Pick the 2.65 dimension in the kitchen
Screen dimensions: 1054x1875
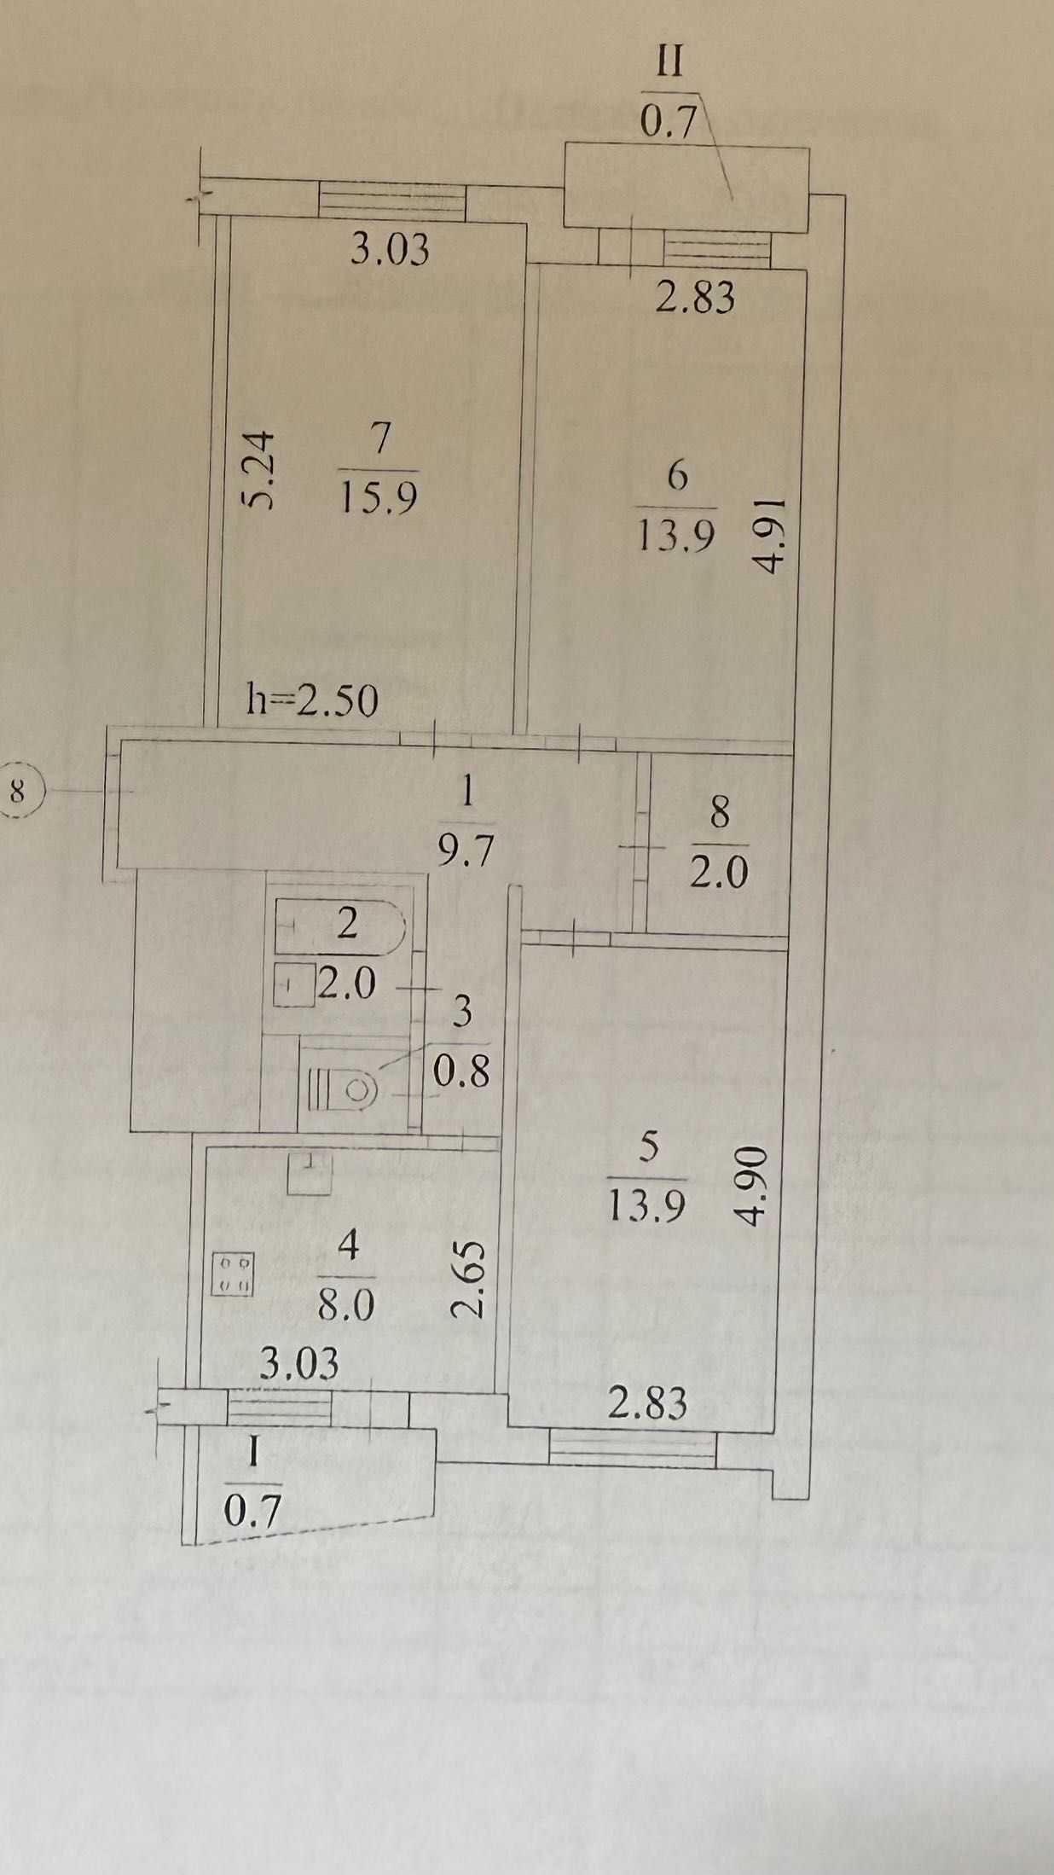pyautogui.click(x=471, y=1279)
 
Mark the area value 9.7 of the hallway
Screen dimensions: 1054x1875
pyautogui.click(x=465, y=850)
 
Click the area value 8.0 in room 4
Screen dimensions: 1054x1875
pyautogui.click(x=346, y=1305)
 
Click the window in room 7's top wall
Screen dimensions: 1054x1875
pyautogui.click(x=393, y=200)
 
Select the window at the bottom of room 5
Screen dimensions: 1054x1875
pyautogui.click(x=632, y=1448)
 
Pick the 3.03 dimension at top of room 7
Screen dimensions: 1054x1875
pyautogui.click(x=391, y=250)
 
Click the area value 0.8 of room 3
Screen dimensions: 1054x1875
pyautogui.click(x=461, y=1072)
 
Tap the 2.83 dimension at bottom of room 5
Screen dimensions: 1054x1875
pyautogui.click(x=647, y=1402)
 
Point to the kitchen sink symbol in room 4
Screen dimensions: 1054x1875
pyautogui.click(x=310, y=1171)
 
